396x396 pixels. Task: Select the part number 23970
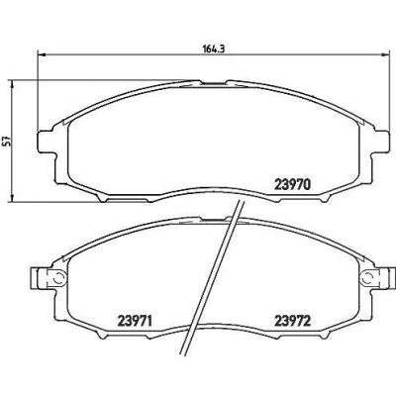point(292,185)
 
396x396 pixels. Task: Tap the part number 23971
point(135,321)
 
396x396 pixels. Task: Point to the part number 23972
point(293,321)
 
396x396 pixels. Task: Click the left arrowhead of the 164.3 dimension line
point(41,54)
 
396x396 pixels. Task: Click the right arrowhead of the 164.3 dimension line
point(385,54)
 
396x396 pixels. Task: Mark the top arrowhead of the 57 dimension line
point(12,84)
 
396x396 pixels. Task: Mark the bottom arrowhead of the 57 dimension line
point(12,198)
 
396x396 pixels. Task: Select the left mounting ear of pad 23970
point(46,142)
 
